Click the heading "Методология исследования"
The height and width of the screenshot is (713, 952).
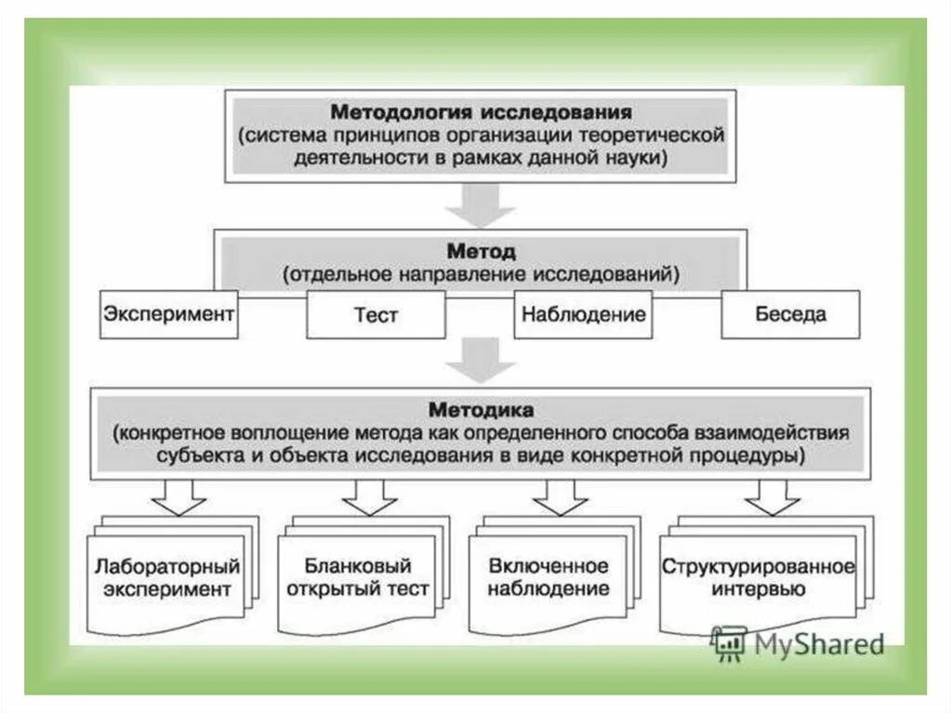click(x=481, y=112)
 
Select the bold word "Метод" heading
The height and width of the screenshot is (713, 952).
click(x=480, y=251)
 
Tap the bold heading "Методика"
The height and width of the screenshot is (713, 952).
click(x=481, y=408)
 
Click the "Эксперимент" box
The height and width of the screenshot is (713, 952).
click(x=168, y=313)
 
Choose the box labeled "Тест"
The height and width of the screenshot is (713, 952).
click(x=376, y=314)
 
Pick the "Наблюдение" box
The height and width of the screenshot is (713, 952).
click(x=583, y=313)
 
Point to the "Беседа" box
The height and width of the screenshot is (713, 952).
click(x=790, y=313)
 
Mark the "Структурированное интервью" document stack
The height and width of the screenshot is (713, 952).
click(x=758, y=577)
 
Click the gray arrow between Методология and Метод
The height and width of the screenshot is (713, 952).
click(x=480, y=205)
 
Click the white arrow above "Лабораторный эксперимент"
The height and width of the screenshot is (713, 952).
click(x=178, y=497)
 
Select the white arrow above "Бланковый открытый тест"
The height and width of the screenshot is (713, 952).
click(x=369, y=497)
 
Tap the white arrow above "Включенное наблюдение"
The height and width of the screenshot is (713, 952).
click(x=560, y=497)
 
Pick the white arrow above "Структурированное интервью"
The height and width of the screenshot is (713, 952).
click(x=771, y=497)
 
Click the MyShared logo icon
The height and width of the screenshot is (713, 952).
click(x=729, y=642)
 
